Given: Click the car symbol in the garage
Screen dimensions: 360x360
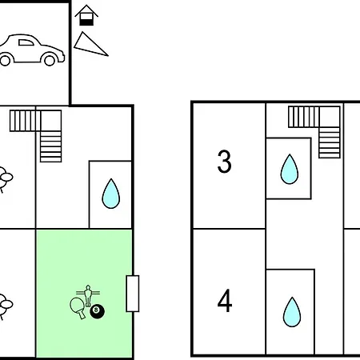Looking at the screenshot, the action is (x=31, y=50).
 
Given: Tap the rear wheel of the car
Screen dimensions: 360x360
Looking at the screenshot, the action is (x=5, y=59).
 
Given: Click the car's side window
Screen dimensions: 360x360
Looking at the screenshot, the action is (x=26, y=42).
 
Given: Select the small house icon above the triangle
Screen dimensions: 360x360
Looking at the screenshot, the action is (x=86, y=15).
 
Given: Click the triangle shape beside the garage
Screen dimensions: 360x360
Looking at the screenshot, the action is (x=90, y=46).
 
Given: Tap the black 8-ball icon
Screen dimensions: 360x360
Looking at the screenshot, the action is (x=97, y=311).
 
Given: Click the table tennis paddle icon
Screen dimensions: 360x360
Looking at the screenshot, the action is (x=78, y=306).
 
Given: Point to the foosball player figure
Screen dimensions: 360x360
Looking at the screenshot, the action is (x=88, y=295).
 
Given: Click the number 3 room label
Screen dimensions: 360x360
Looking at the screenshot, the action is (x=224, y=162).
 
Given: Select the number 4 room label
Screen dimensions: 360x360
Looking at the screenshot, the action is (x=225, y=301).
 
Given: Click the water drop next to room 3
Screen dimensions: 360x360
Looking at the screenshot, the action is (x=290, y=169).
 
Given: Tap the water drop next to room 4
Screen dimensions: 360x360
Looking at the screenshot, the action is (x=292, y=312).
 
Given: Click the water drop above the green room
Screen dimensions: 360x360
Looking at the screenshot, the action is (x=111, y=194).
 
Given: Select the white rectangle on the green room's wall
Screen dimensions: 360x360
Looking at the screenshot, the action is (x=133, y=294).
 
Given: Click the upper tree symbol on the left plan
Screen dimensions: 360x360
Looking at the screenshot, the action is (x=5, y=178).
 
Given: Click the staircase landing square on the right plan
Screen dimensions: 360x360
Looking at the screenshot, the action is (x=330, y=117).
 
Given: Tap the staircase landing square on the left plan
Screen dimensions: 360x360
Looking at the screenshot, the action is (x=51, y=121).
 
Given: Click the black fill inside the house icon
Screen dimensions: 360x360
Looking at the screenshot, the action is (x=86, y=22).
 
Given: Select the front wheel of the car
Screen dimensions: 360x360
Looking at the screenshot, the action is (x=50, y=59).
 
